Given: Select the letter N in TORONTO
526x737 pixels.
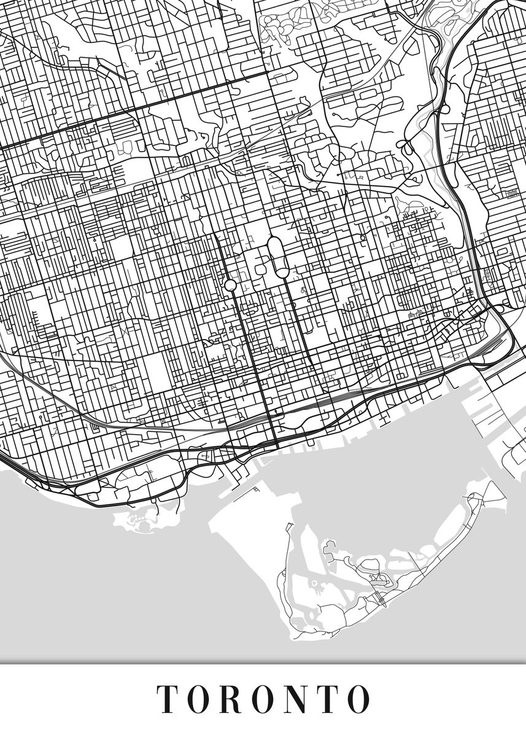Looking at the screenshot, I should pyautogui.click(x=295, y=698).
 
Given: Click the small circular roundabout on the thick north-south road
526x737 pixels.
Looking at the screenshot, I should pyautogui.click(x=230, y=285).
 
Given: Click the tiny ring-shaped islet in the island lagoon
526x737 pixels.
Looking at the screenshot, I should pyautogui.click(x=314, y=583).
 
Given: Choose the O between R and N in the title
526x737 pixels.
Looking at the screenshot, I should pyautogui.click(x=264, y=698).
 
